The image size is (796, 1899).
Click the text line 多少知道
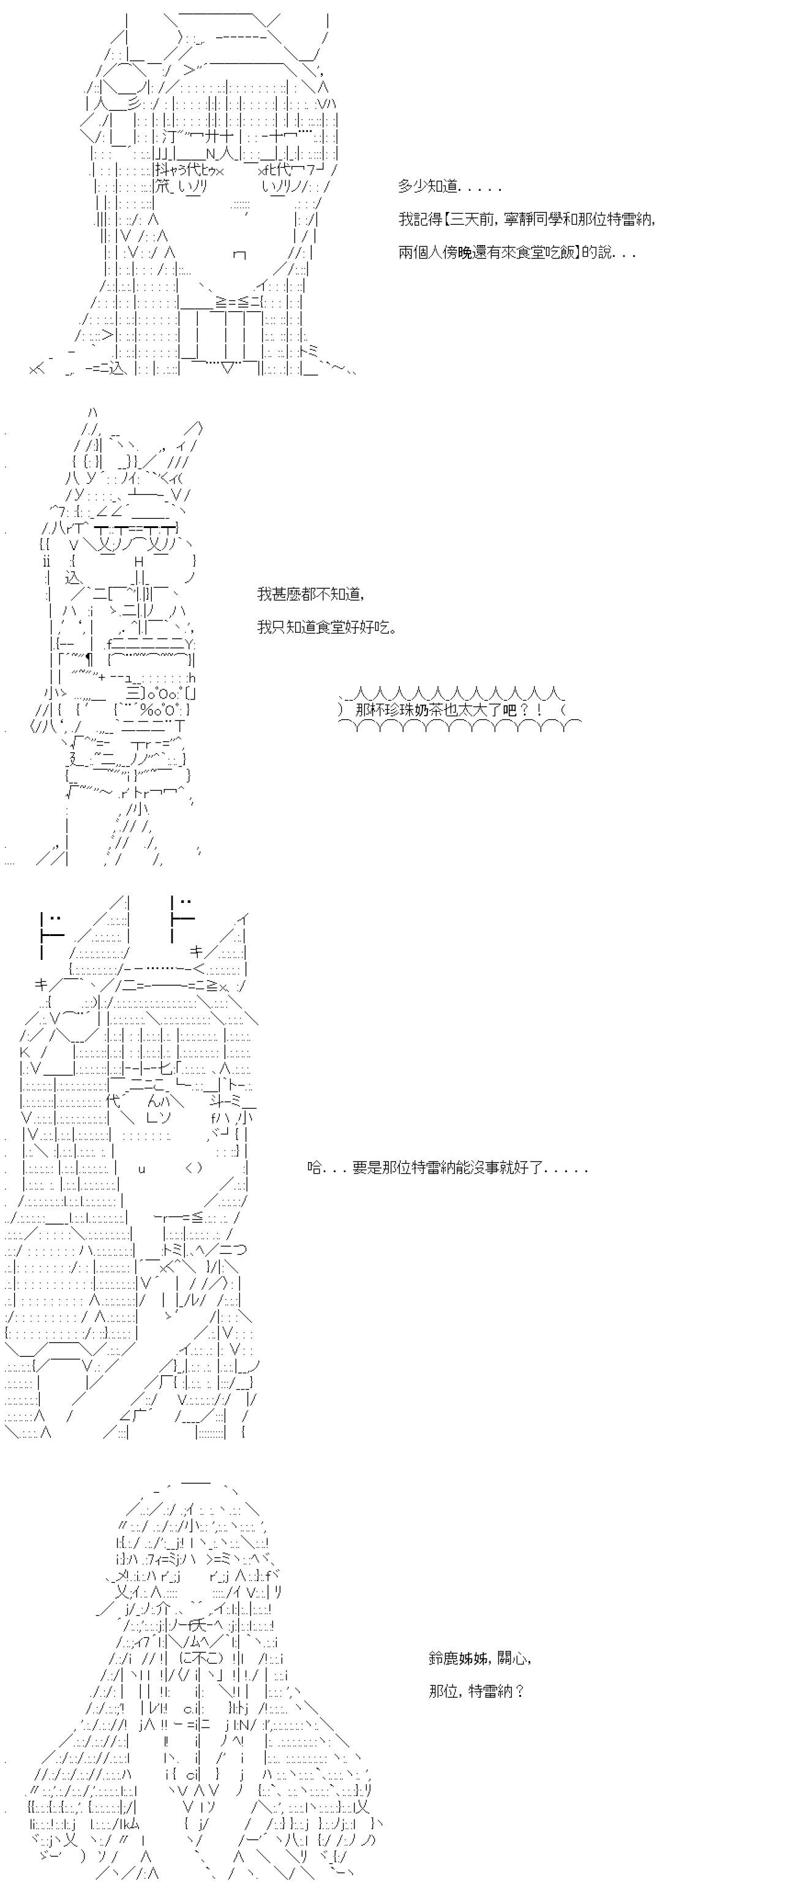click(450, 187)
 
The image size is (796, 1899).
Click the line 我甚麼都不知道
click(310, 594)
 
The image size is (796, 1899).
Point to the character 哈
click(315, 1168)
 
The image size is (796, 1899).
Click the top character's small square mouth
click(239, 255)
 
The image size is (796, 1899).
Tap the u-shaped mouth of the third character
click(141, 1168)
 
